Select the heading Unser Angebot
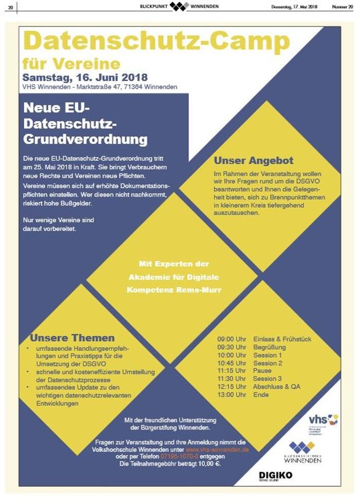click(x=254, y=160)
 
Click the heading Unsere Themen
click(x=72, y=338)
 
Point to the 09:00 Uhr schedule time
click(x=232, y=339)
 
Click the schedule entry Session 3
click(x=268, y=379)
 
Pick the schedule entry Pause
click(x=262, y=371)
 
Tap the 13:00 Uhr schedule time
click(x=232, y=394)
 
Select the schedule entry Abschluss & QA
click(x=277, y=387)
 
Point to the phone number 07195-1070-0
click(x=179, y=456)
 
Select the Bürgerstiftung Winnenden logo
click(x=303, y=452)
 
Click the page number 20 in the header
click(x=10, y=7)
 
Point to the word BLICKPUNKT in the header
click(x=153, y=7)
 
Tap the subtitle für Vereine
click(x=71, y=64)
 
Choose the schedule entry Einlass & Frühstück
click(x=282, y=339)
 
